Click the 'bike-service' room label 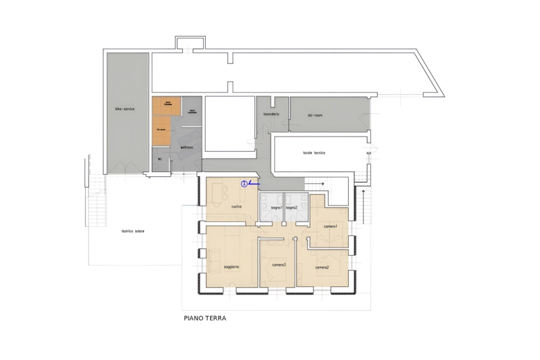pos(125,110)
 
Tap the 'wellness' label pos(186,147)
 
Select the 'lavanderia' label pos(271,114)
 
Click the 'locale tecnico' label pos(314,153)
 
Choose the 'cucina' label pos(236,207)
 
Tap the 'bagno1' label pos(267,207)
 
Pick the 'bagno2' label pos(292,207)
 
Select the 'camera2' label pos(322,267)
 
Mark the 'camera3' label pos(279,265)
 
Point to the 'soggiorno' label pos(232,267)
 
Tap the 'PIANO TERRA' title pos(205,320)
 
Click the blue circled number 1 pos(244,184)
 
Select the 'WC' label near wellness pos(159,160)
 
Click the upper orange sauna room pos(166,105)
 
